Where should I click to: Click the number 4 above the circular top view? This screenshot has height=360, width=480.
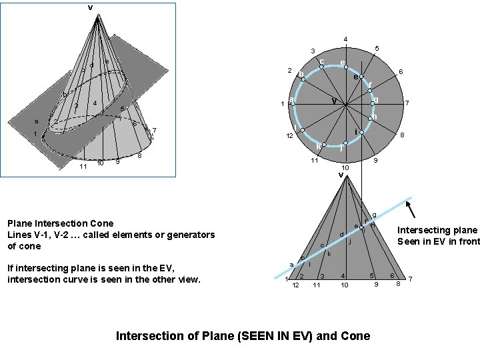click(x=345, y=39)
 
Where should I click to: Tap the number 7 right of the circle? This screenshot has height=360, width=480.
click(x=407, y=104)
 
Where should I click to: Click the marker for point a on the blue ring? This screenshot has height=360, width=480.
click(x=293, y=103)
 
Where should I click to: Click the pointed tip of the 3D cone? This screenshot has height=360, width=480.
click(x=97, y=16)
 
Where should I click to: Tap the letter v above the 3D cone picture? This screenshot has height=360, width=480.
click(x=90, y=7)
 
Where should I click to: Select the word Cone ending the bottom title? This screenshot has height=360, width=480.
click(x=355, y=335)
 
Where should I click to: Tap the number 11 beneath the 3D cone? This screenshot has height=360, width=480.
click(x=83, y=166)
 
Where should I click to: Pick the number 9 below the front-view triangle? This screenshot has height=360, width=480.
click(x=376, y=285)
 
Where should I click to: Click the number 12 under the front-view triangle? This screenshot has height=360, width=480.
click(x=295, y=285)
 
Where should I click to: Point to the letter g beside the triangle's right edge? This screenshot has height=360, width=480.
click(x=374, y=215)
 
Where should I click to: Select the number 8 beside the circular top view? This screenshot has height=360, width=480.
click(x=401, y=135)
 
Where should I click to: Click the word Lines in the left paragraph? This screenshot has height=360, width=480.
click(x=20, y=235)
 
